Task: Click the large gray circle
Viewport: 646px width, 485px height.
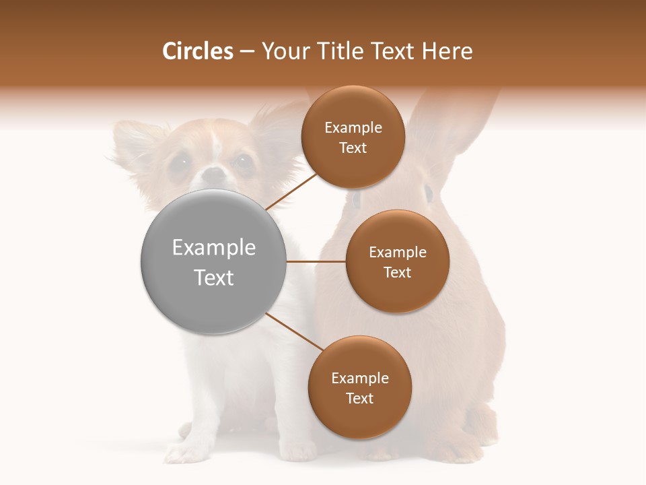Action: (213, 262)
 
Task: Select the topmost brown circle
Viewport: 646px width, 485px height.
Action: (353, 137)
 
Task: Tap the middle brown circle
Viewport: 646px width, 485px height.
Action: (397, 262)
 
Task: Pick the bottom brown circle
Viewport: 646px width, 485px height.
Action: (359, 388)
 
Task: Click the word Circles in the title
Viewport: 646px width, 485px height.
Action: (198, 51)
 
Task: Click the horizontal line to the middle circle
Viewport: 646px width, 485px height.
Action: (316, 261)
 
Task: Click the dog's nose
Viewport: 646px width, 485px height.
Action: (213, 175)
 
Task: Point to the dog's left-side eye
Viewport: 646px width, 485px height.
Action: (179, 162)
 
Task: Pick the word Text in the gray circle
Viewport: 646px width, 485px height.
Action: (213, 278)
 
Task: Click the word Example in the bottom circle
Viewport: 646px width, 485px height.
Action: (359, 378)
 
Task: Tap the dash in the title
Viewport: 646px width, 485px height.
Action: (247, 52)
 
